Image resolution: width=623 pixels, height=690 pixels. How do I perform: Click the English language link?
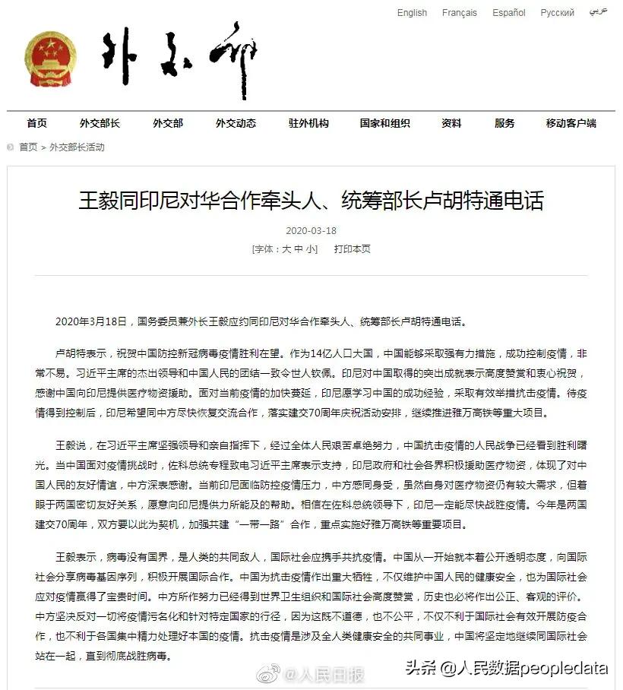(x=412, y=13)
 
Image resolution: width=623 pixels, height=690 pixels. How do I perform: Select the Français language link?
(x=460, y=13)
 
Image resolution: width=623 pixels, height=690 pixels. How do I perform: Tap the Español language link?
(x=509, y=13)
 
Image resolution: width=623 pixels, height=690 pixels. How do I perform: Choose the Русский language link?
(x=558, y=13)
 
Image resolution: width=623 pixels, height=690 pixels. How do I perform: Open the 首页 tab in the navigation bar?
(x=36, y=123)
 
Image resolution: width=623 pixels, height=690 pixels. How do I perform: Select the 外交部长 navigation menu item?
(x=100, y=123)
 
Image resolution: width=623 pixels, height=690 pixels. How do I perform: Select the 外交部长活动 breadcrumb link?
(x=77, y=147)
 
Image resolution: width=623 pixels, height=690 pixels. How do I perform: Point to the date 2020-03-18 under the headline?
(x=311, y=230)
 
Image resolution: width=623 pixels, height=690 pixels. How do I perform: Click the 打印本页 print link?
(x=353, y=249)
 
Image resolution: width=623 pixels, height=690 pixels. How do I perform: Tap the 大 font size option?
(x=286, y=249)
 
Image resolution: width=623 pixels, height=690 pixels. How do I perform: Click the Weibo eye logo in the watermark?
(x=268, y=673)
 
